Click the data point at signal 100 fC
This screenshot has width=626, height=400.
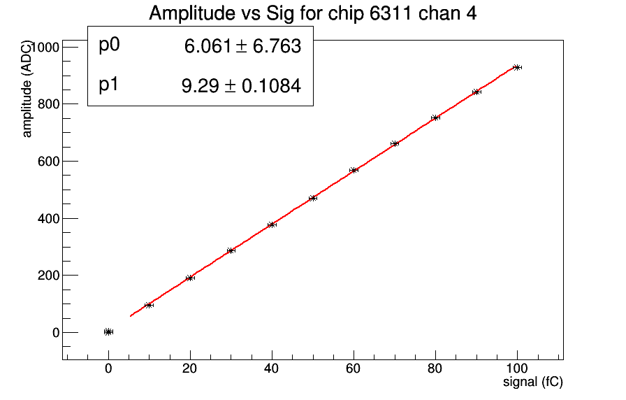(517, 67)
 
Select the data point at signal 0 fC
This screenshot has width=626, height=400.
(108, 331)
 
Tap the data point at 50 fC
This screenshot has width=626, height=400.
(313, 198)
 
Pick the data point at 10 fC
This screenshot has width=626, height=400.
(149, 305)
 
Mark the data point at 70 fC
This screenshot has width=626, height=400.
(395, 143)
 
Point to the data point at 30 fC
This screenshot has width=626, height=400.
(231, 250)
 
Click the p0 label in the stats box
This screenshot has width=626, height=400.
(110, 45)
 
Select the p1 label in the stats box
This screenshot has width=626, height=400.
(110, 85)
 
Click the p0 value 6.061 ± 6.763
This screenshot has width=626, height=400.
(242, 47)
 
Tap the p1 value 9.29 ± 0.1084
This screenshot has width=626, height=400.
(240, 87)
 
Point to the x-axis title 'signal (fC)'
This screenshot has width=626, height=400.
(533, 383)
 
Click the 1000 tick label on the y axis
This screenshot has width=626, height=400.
(43, 47)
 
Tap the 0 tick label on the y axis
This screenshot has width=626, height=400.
(54, 333)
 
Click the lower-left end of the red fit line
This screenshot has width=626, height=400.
(131, 316)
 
